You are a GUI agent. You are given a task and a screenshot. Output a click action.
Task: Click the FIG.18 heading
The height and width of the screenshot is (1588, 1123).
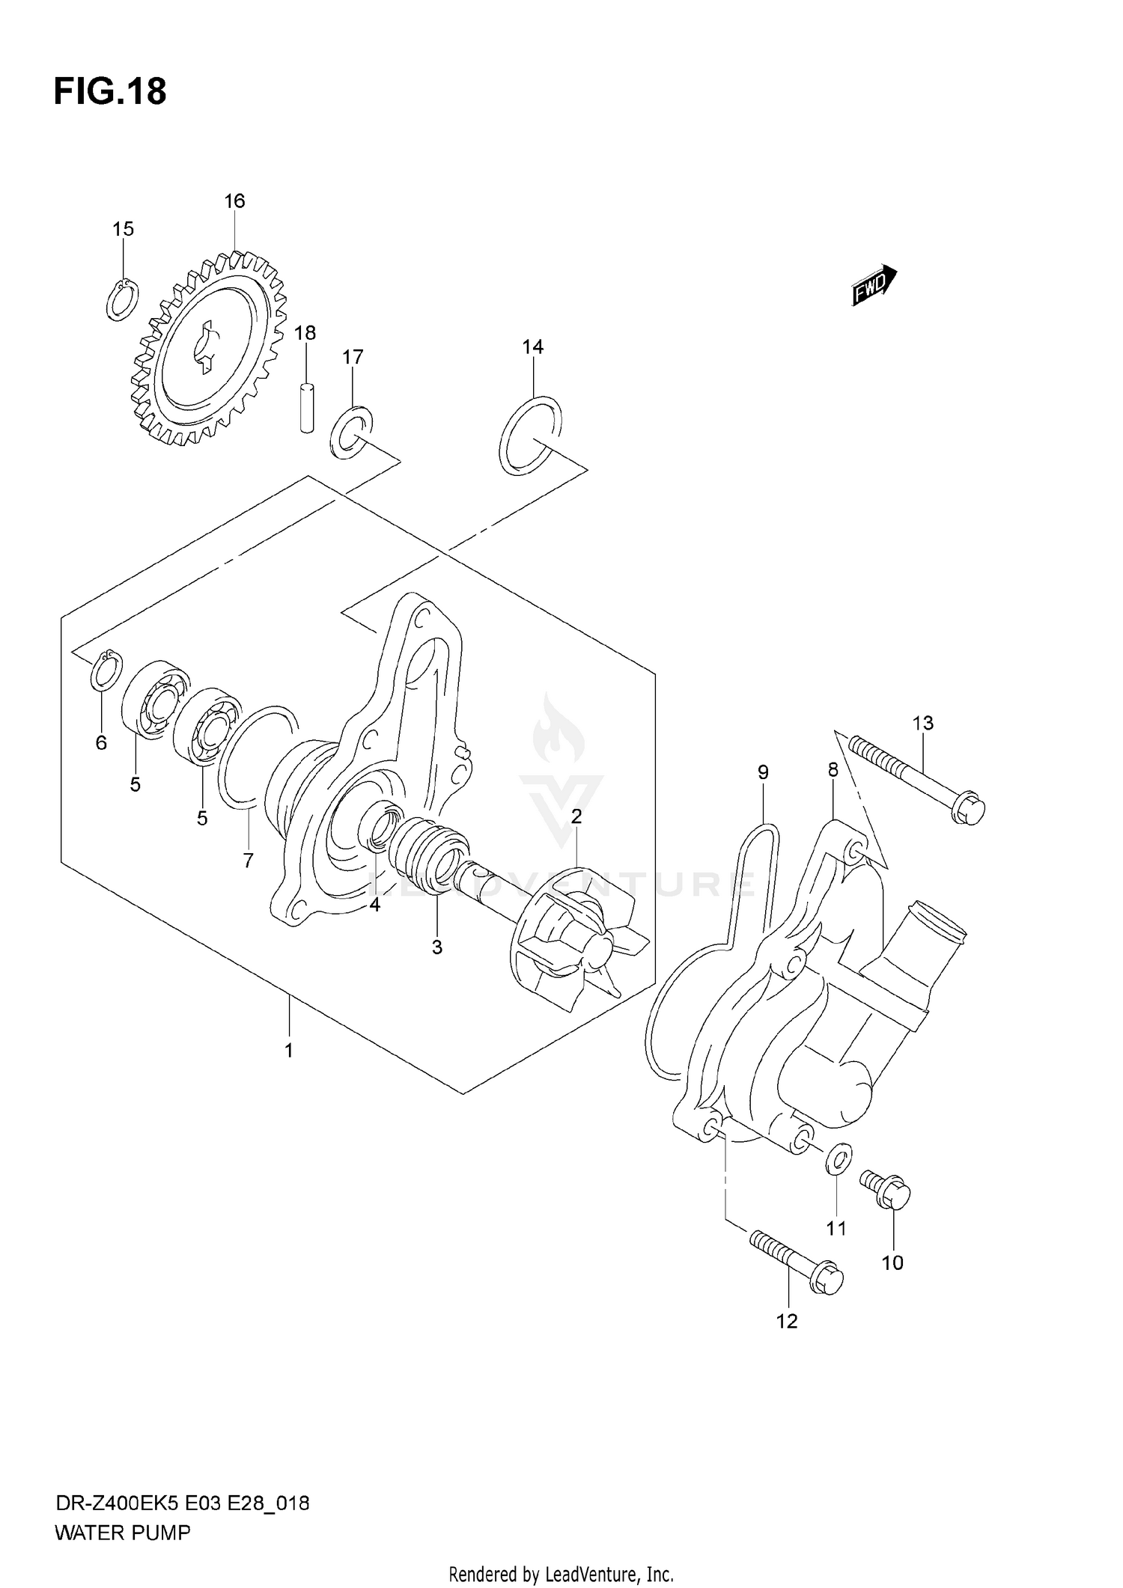pos(109,91)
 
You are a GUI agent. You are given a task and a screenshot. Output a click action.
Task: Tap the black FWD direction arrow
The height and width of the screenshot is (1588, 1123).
pos(874,285)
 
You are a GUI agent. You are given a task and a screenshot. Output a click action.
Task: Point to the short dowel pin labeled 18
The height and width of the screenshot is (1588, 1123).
pos(305,407)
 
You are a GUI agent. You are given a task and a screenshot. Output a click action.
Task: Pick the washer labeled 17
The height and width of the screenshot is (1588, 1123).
pos(350,433)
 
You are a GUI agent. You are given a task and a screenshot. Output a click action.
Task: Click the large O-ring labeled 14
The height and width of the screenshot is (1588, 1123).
pos(530,436)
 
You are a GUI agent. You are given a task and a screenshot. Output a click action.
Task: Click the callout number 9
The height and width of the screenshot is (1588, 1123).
pos(763,772)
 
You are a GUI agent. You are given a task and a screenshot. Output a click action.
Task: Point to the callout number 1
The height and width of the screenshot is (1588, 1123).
pos(289,1051)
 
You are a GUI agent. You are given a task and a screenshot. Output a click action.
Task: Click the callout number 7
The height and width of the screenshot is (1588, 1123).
pos(249,861)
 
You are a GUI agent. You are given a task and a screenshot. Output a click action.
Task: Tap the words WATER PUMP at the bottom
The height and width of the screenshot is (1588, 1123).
pos(123,1527)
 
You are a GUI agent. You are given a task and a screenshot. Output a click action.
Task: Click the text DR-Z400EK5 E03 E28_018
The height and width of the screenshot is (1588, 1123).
pos(182,1497)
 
